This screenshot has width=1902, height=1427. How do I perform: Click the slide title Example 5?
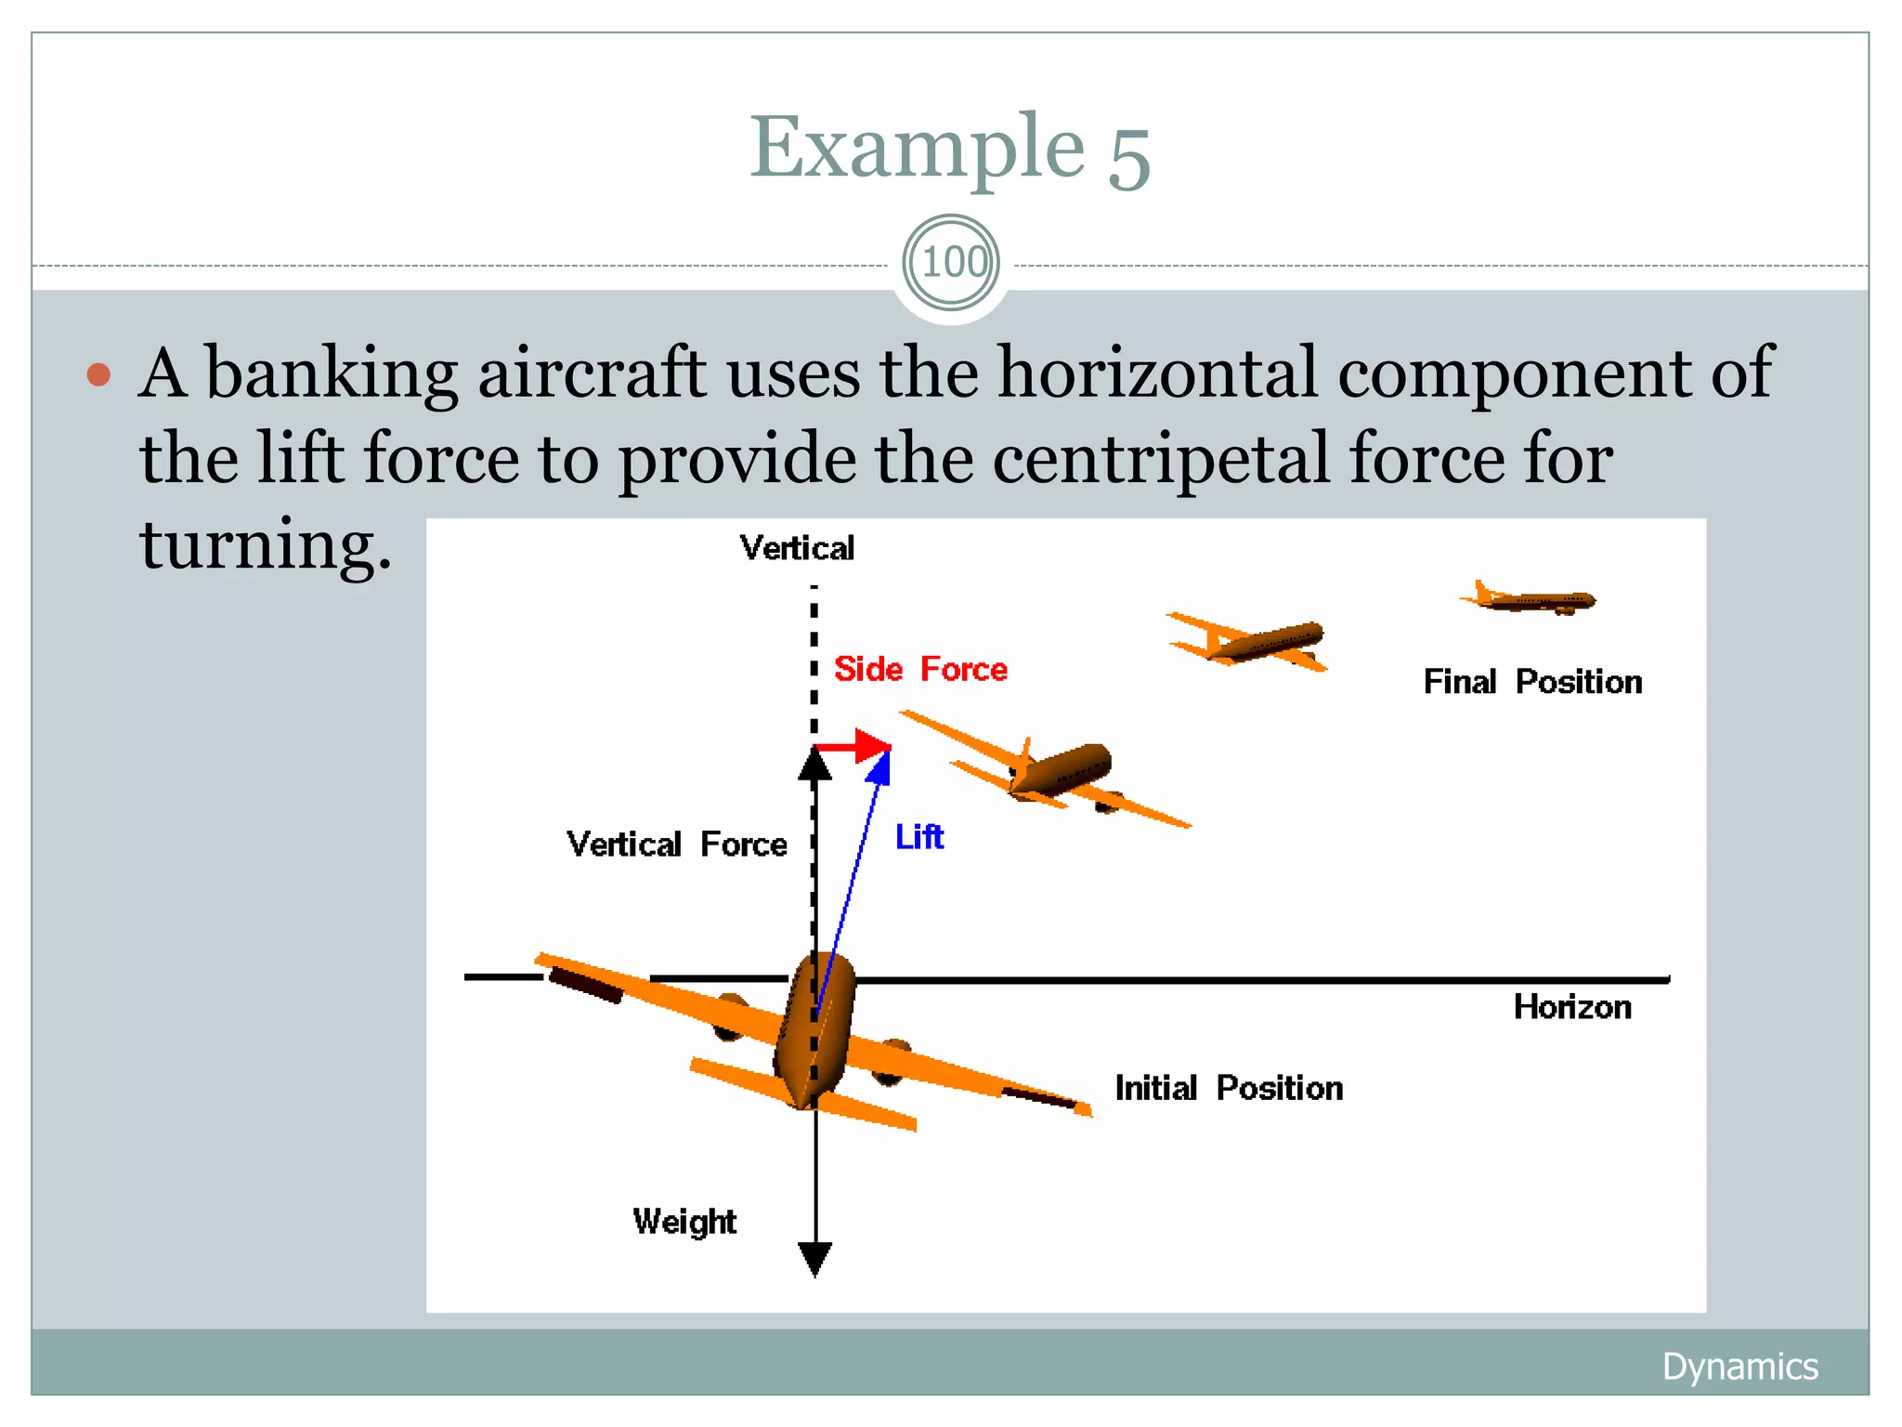950,149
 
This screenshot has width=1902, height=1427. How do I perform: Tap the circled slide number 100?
952,262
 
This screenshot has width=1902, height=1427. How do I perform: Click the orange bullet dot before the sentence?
98,374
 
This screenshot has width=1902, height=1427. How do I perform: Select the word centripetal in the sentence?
1160,459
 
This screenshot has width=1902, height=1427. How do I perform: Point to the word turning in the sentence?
266,544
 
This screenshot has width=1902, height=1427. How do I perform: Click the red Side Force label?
919,669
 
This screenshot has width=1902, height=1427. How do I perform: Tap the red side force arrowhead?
872,746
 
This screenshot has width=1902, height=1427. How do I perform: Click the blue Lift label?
918,837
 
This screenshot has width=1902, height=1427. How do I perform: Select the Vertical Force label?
676,844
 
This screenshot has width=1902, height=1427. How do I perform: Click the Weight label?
684,1222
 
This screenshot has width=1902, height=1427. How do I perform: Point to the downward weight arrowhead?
814,1259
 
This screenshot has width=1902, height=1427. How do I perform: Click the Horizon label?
1571,1007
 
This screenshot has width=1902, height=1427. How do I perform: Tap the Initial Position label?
1228,1088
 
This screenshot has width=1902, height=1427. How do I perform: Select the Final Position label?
1532,682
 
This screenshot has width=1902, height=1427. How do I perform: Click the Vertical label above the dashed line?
797,548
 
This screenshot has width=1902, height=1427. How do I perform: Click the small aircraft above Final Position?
1532,599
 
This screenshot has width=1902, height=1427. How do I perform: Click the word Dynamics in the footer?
1739,1367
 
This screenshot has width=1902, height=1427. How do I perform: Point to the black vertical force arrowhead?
814,766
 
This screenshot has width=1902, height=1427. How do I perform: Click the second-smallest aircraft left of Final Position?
1254,641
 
